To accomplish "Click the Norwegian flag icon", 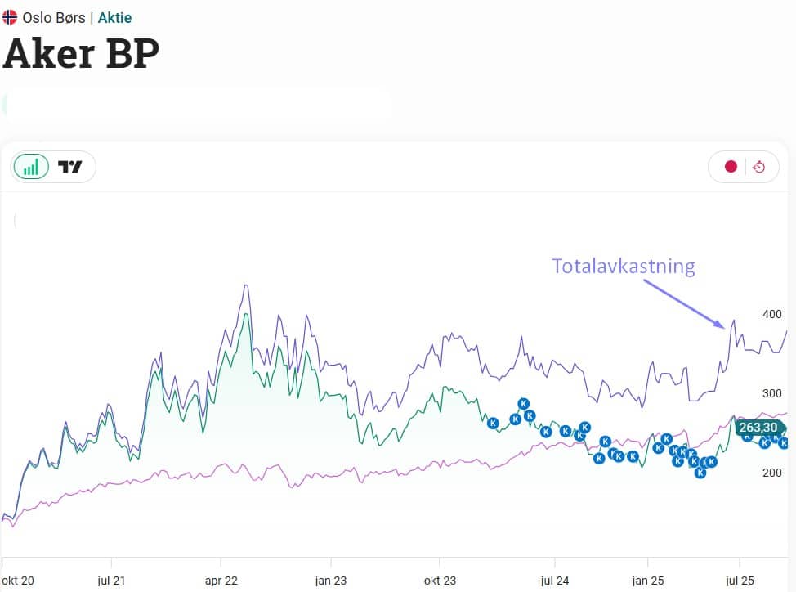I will click(x=10, y=17).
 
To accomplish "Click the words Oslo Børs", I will click(x=54, y=17).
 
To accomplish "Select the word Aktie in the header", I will click(x=114, y=17).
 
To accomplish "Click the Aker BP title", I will click(x=81, y=53).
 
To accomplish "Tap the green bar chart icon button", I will click(x=31, y=167).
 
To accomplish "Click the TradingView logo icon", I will click(x=70, y=167).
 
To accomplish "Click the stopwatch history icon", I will click(x=759, y=167).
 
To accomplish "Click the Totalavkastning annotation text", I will click(x=623, y=267).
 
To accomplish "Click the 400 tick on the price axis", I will click(x=771, y=314).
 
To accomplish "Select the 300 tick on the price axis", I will click(x=771, y=393).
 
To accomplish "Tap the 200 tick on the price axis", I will click(x=771, y=473).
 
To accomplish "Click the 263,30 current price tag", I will click(x=758, y=428).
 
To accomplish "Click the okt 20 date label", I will click(x=18, y=581).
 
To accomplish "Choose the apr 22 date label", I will click(x=221, y=581).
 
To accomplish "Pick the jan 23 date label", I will click(x=331, y=581).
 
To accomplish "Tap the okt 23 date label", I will click(x=440, y=581).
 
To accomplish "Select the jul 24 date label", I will click(x=555, y=581).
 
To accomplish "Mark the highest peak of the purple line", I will click(x=246, y=285).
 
